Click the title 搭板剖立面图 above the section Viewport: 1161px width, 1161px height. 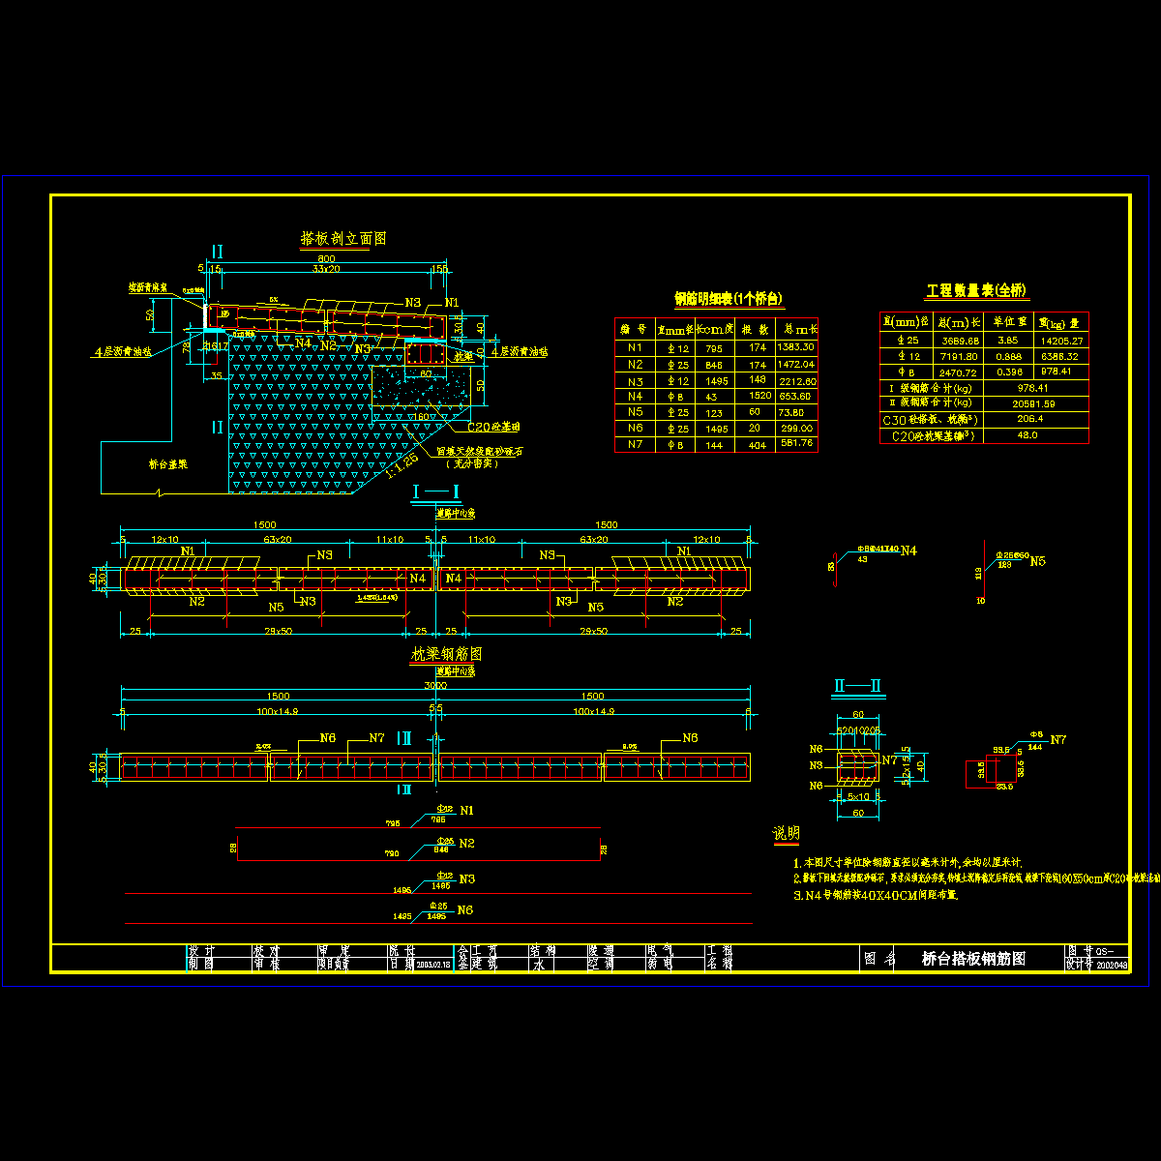pyautogui.click(x=343, y=239)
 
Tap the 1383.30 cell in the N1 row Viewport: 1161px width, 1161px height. pyautogui.click(x=796, y=347)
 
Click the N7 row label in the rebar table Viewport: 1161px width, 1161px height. pyautogui.click(x=635, y=444)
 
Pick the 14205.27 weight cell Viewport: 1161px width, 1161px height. pyautogui.click(x=1061, y=341)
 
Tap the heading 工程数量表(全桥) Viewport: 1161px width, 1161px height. pyautogui.click(x=976, y=290)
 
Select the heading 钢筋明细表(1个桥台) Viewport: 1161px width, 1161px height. pyautogui.click(x=729, y=299)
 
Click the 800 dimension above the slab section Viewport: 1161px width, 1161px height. pyautogui.click(x=326, y=258)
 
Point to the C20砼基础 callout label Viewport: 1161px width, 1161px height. pyautogui.click(x=493, y=427)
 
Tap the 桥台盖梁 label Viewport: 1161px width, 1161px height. pyautogui.click(x=169, y=463)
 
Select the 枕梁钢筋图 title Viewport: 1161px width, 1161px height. pyautogui.click(x=446, y=654)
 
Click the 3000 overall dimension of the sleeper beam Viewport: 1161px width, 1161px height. pyautogui.click(x=435, y=685)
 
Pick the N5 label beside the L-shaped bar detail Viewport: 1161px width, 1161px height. pyautogui.click(x=1037, y=561)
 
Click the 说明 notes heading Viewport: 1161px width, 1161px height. pyautogui.click(x=786, y=834)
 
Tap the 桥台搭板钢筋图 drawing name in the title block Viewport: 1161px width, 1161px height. pyautogui.click(x=973, y=959)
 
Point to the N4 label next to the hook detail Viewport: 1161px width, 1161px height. pyautogui.click(x=908, y=551)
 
